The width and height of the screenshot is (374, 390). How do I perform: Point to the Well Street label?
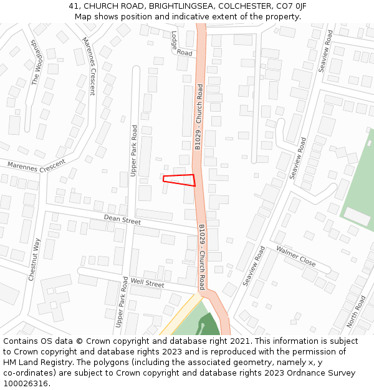[x=147, y=283]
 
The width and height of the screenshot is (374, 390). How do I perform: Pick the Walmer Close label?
[x=295, y=255]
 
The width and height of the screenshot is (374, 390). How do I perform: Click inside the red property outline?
[x=180, y=180]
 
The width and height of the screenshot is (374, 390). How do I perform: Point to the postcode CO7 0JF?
[x=290, y=6]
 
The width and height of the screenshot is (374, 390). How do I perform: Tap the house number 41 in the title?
[x=74, y=6]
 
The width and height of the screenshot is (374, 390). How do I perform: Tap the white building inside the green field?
[x=357, y=217]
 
